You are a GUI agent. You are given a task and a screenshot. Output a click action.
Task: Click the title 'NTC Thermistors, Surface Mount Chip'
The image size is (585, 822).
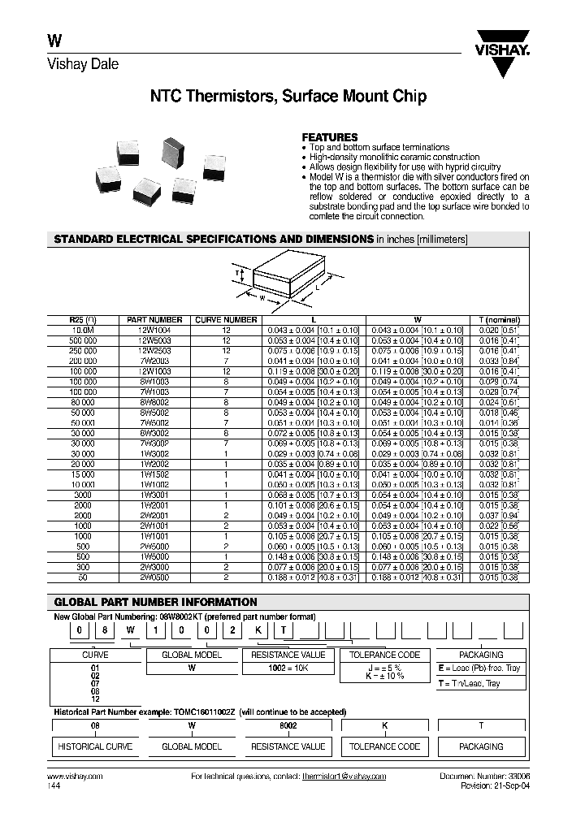[288, 97]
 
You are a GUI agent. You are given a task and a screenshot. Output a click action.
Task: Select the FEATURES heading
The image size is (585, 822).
[329, 137]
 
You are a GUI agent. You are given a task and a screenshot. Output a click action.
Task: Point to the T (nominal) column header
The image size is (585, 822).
[499, 320]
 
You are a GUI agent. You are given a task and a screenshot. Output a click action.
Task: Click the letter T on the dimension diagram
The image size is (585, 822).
[237, 274]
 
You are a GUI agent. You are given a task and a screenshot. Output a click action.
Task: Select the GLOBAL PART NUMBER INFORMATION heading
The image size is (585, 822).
[155, 602]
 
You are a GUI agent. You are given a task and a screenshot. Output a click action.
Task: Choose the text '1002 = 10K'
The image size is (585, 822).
[288, 668]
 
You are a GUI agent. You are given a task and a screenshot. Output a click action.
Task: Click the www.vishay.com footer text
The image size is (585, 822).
[70, 777]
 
